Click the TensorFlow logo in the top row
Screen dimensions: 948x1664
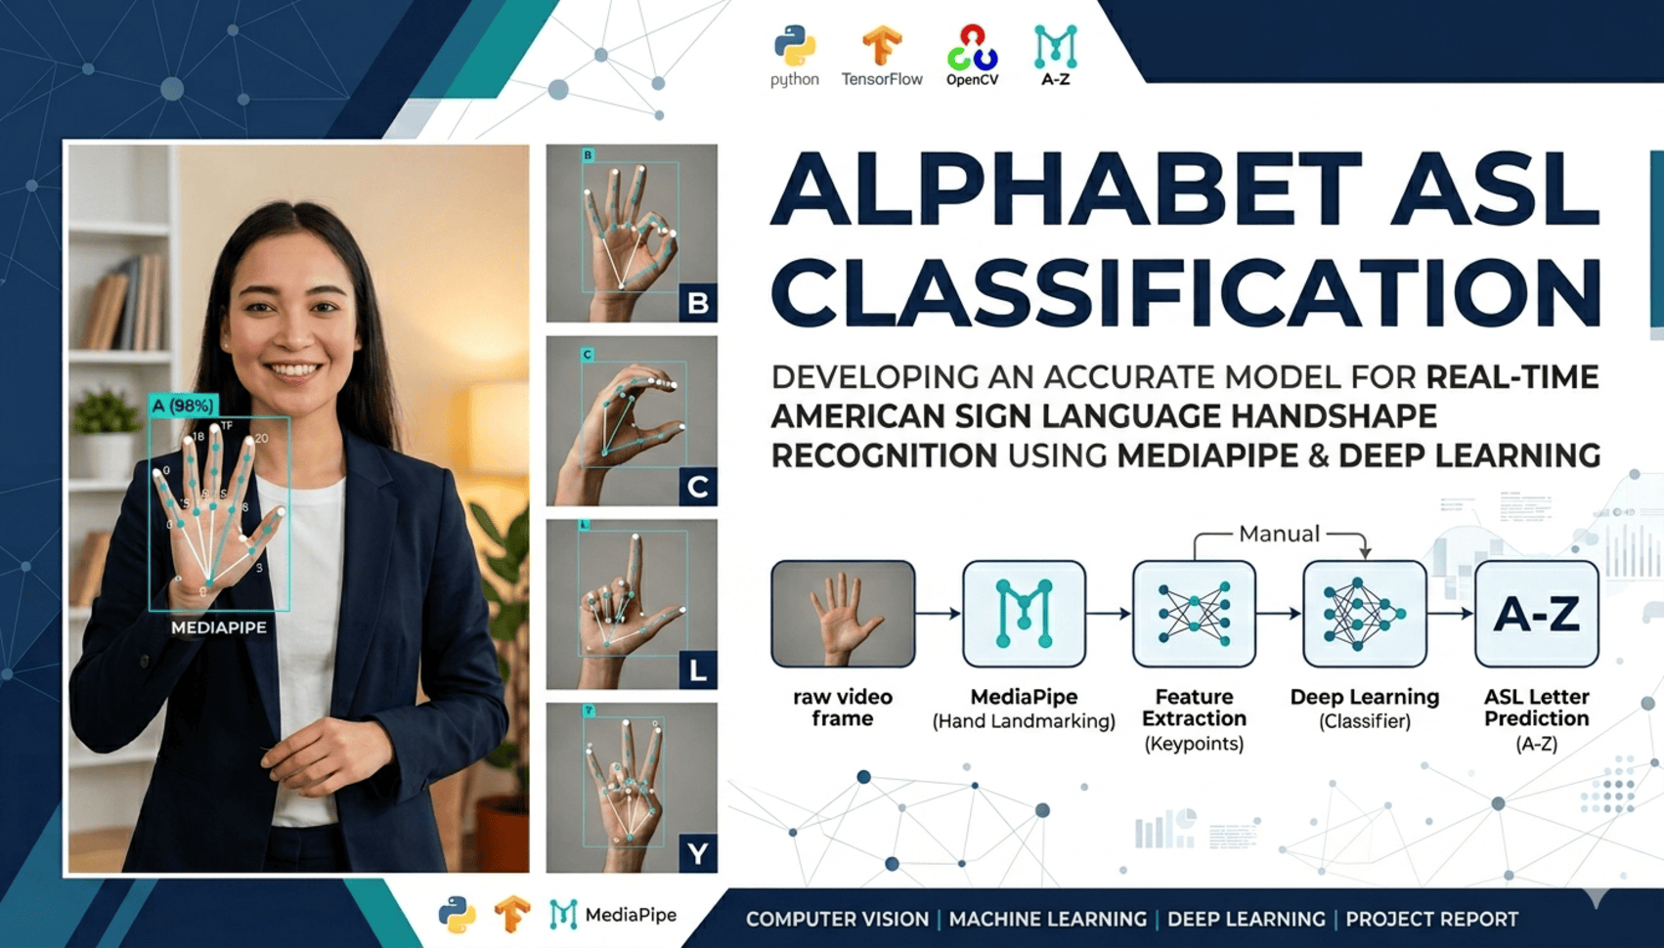(x=881, y=46)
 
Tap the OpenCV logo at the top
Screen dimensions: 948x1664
(x=972, y=47)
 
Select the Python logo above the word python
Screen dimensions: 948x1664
(x=795, y=45)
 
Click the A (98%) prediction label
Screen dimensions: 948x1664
(x=183, y=405)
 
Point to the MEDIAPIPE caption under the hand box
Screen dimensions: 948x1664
(x=219, y=627)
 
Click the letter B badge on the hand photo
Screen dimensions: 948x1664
(x=698, y=303)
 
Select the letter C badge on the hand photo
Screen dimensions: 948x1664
(x=698, y=487)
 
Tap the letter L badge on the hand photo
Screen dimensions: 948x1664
(x=698, y=670)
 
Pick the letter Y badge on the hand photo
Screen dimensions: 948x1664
(x=698, y=853)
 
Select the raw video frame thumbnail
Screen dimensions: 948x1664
(x=843, y=614)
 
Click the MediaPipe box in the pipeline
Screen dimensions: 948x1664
(x=1024, y=614)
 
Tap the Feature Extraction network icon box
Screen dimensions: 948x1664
(x=1194, y=614)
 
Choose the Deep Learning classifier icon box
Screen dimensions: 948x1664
(x=1364, y=614)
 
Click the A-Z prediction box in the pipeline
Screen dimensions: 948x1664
(x=1536, y=614)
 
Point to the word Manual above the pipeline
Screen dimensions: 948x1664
(x=1279, y=534)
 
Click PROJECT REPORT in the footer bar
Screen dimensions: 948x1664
(x=1431, y=920)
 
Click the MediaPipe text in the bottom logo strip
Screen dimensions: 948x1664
(x=631, y=915)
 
